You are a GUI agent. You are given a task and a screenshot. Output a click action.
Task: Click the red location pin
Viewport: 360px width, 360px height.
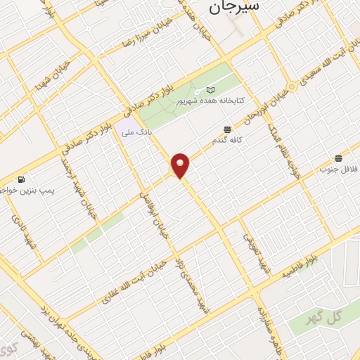pos(181,165)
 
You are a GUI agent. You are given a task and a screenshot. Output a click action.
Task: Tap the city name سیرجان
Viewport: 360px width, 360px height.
pos(234,7)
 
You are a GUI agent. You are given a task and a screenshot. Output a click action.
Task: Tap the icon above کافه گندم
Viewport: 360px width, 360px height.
pos(227,129)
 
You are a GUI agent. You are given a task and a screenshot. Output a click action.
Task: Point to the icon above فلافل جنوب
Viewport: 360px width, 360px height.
pos(339,158)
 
